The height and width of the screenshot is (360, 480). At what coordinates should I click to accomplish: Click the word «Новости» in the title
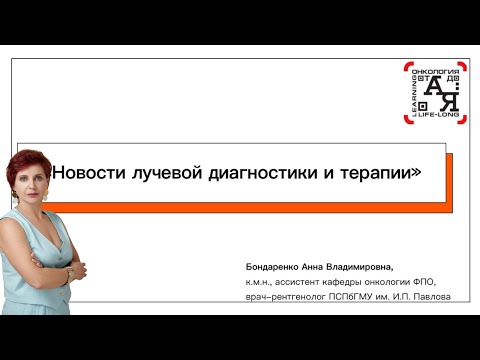pos(89,172)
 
